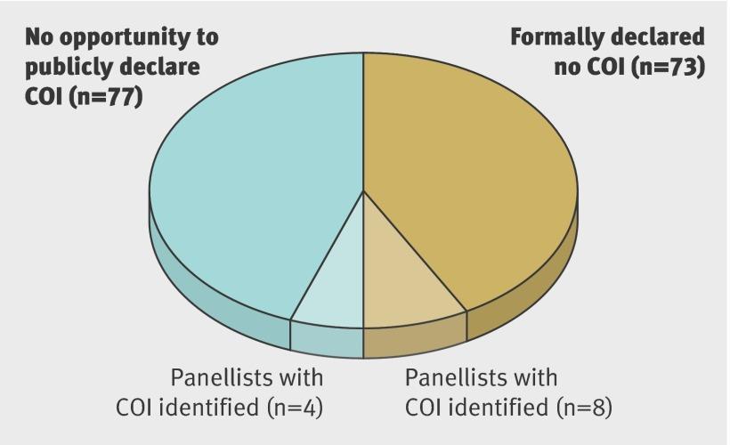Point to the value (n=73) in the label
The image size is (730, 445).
[668, 67]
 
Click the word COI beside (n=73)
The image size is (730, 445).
[605, 67]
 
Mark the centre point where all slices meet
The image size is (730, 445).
[363, 190]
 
